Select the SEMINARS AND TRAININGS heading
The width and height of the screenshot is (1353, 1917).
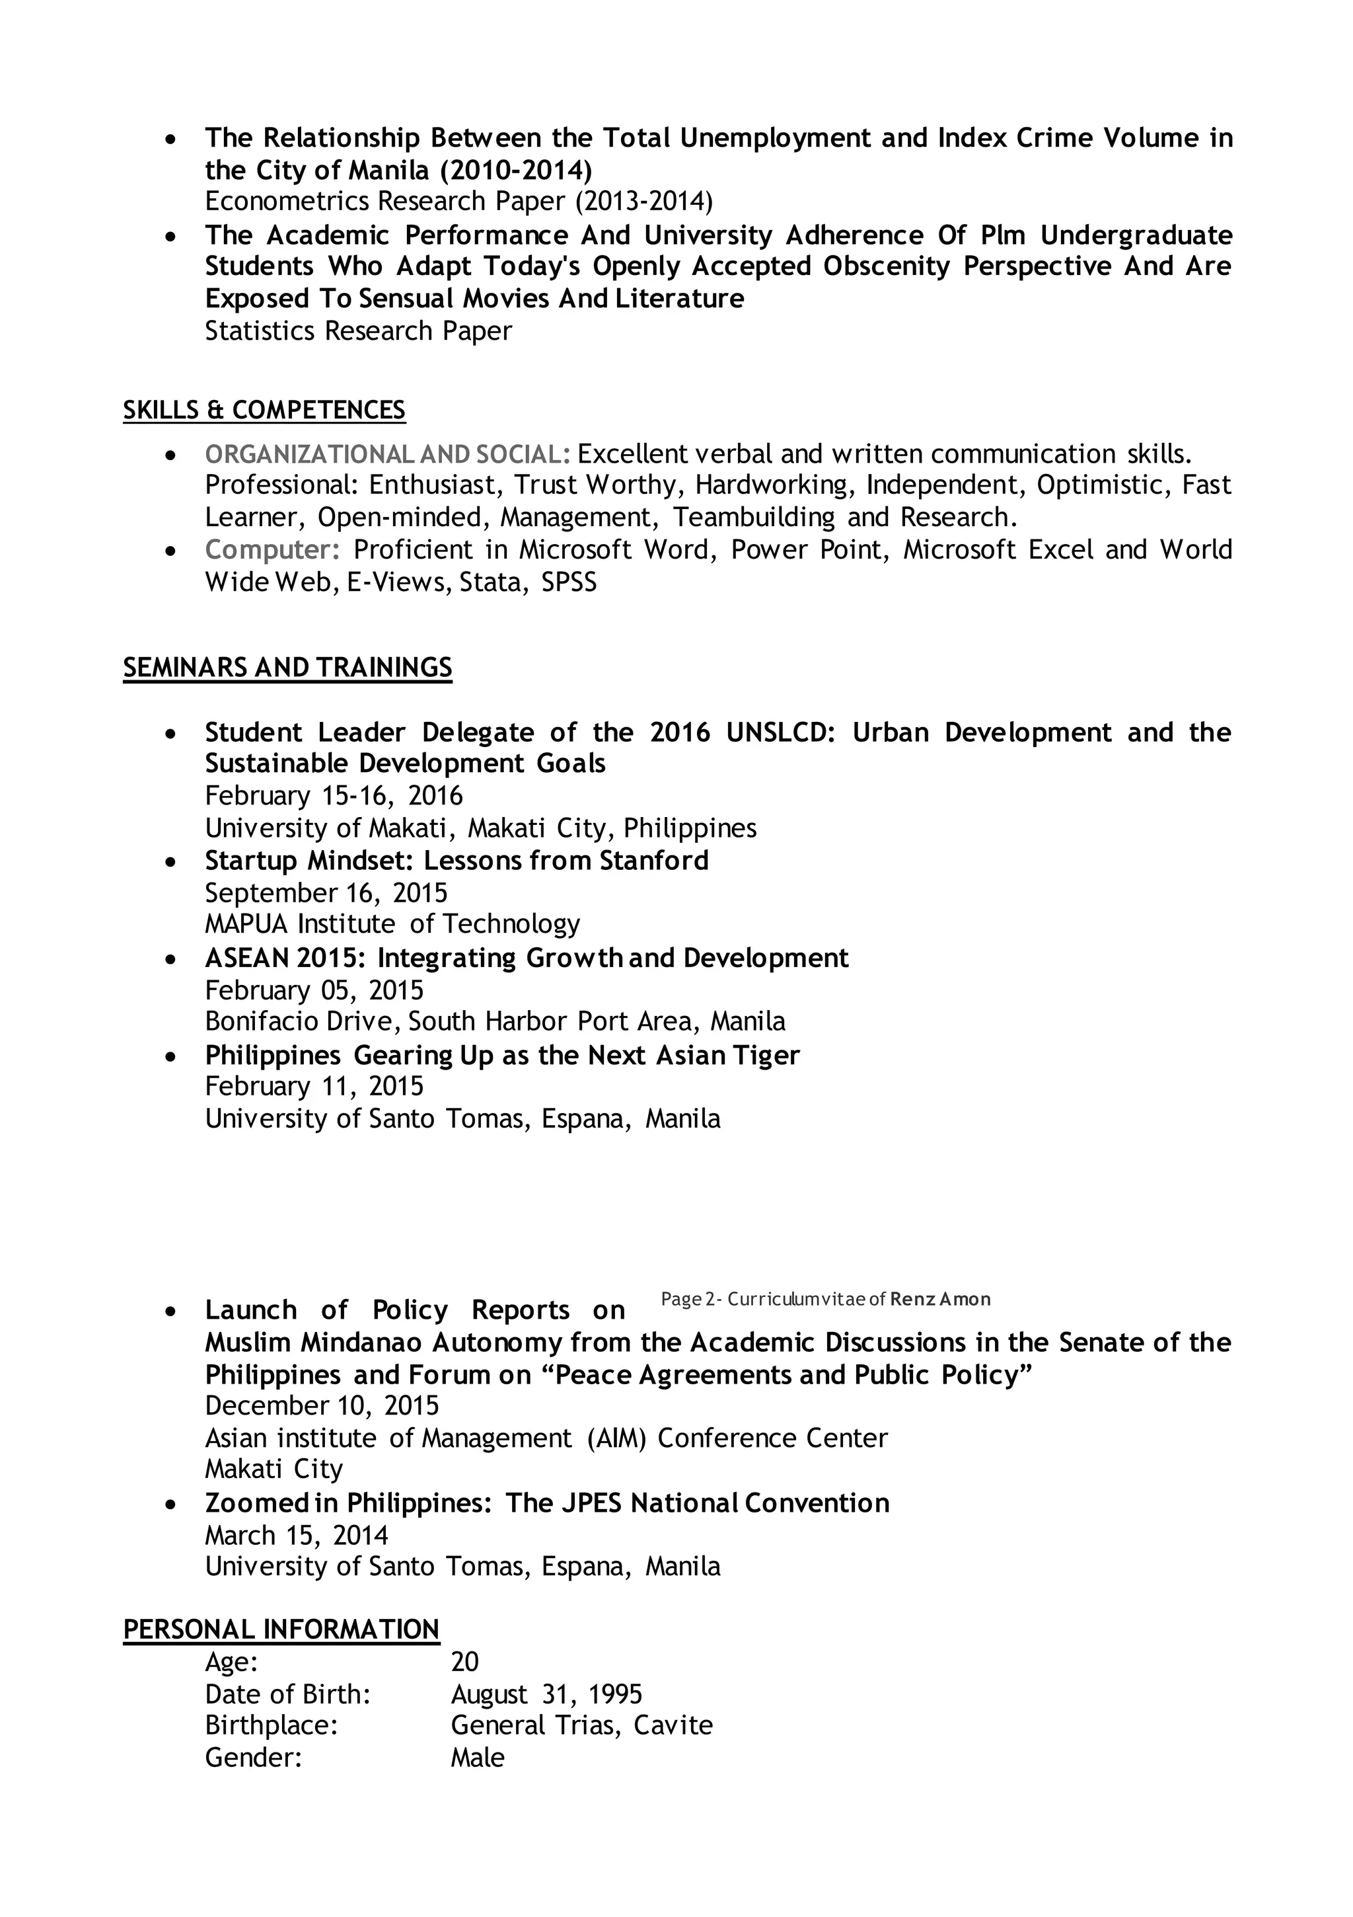click(x=287, y=667)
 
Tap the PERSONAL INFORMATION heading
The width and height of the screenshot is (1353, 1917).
click(x=281, y=1629)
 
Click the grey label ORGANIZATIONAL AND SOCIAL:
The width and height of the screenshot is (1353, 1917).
click(x=387, y=454)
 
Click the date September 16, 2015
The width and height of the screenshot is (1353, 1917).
click(x=326, y=892)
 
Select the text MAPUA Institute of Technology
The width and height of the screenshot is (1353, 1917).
click(x=392, y=924)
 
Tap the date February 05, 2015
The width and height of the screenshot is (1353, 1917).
click(x=314, y=990)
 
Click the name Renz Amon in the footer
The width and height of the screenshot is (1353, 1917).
click(x=940, y=1299)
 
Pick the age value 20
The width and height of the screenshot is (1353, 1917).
click(x=465, y=1663)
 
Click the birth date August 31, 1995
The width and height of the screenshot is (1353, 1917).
click(x=547, y=1694)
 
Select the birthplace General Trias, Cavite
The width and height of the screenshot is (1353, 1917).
click(x=582, y=1726)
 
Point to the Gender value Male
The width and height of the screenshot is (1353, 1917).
click(x=478, y=1758)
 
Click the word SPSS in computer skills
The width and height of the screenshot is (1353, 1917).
click(x=569, y=582)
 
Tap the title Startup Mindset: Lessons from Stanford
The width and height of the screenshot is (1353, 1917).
click(x=457, y=860)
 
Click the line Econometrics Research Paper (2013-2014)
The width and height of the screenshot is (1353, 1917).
click(x=459, y=201)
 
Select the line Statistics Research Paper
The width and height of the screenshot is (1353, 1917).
click(x=358, y=331)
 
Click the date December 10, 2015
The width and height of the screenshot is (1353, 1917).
click(x=321, y=1405)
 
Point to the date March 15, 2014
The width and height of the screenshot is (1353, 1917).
click(x=297, y=1536)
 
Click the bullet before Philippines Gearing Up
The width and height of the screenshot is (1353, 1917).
click(x=171, y=1056)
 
